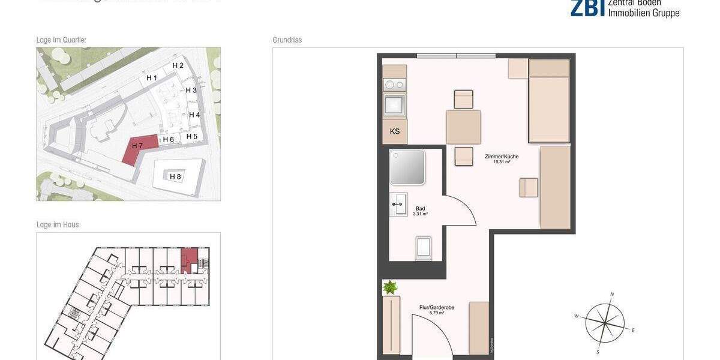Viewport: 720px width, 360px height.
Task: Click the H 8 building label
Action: pos(175,176)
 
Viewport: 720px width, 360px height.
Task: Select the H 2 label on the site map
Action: pos(178,65)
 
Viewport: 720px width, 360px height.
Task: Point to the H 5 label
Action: pos(191,136)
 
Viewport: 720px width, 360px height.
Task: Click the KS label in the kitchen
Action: pos(395,131)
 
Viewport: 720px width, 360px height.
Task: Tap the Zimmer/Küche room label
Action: pos(502,157)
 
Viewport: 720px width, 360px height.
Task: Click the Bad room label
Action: pos(420,210)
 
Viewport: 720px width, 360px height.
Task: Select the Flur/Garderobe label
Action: pos(436,308)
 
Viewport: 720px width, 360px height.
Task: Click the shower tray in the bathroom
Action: pos(408,167)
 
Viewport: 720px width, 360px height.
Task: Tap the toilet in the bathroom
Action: pos(424,248)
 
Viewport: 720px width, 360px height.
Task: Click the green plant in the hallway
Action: pos(391,287)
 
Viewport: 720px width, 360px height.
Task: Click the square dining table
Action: pos(463,127)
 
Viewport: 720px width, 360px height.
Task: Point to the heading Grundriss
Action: pos(287,40)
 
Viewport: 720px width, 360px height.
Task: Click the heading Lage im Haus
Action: pos(58,225)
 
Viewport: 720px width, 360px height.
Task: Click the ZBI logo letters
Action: pos(587,7)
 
